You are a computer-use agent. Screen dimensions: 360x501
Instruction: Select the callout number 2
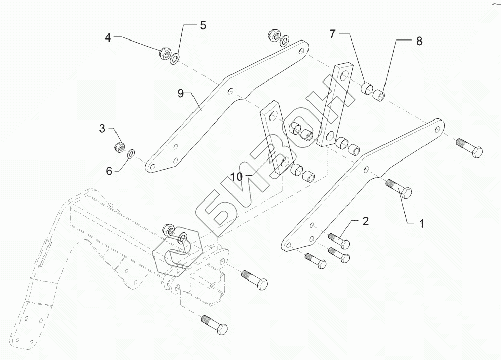coord(365,221)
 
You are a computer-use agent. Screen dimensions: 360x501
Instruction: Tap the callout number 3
coord(102,129)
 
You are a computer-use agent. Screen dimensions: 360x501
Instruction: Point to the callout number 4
coord(108,37)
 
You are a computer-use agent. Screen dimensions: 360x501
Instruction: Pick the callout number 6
coord(109,171)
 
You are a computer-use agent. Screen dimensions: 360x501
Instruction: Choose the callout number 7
coord(333,34)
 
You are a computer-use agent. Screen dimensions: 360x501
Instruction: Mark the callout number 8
coord(419,42)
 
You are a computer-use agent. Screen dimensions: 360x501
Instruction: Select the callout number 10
coord(237,176)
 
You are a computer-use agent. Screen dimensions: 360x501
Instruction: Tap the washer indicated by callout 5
coord(175,59)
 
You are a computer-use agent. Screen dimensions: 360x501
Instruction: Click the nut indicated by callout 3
coord(120,147)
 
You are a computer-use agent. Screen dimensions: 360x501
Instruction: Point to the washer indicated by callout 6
coord(131,153)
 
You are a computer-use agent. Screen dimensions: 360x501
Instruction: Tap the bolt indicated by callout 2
coord(338,239)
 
